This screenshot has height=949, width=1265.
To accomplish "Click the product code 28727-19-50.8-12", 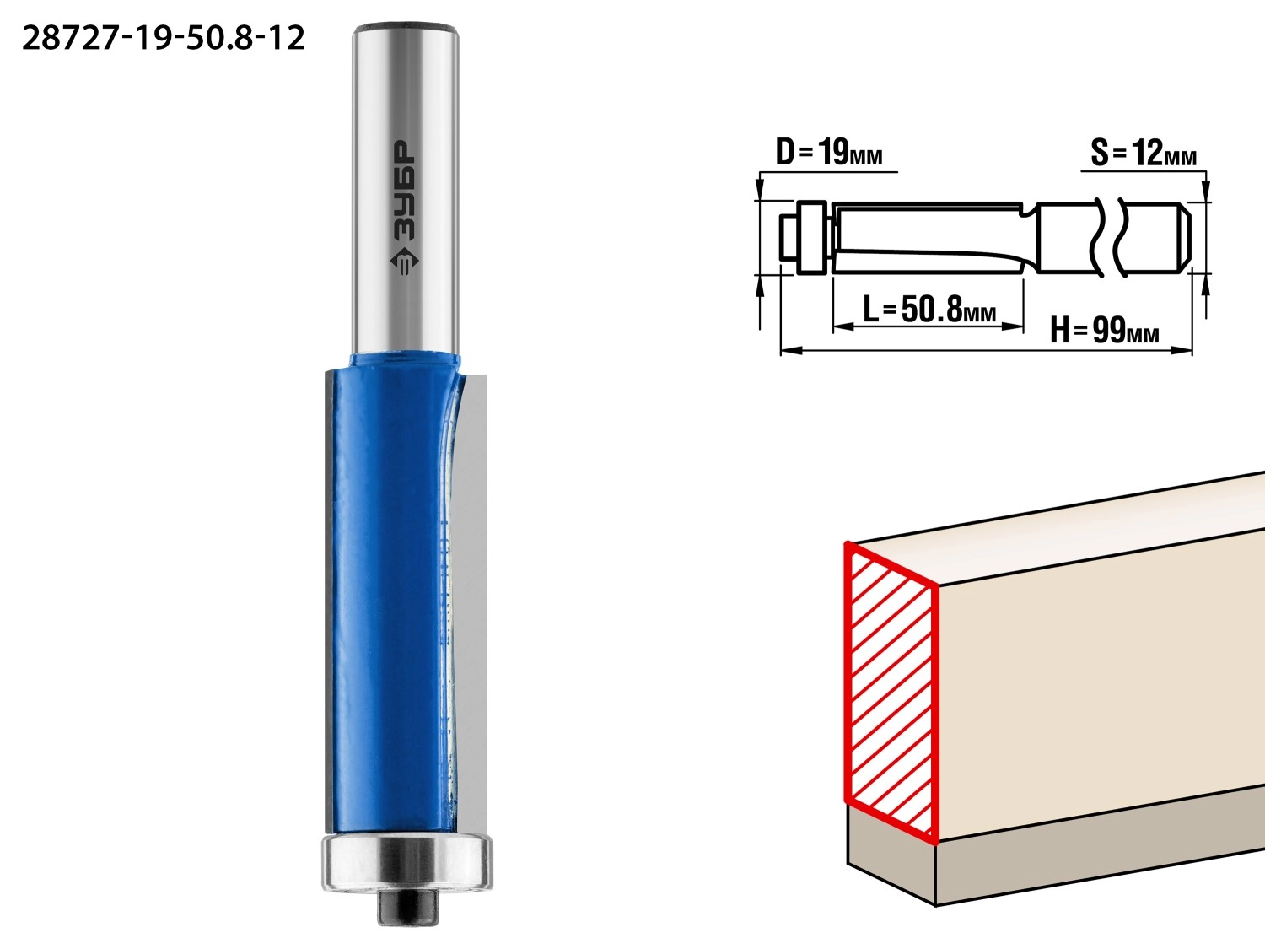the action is tap(163, 39).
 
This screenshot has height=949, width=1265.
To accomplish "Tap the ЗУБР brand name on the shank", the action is tap(404, 190).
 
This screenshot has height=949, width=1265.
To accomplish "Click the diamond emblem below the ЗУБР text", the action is tap(405, 262).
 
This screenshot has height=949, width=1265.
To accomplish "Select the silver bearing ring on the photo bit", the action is tap(406, 863).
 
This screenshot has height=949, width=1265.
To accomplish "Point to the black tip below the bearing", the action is tap(408, 907).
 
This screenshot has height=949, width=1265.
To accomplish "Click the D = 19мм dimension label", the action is tap(829, 153).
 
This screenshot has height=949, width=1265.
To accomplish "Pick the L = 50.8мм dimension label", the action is tap(929, 310).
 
